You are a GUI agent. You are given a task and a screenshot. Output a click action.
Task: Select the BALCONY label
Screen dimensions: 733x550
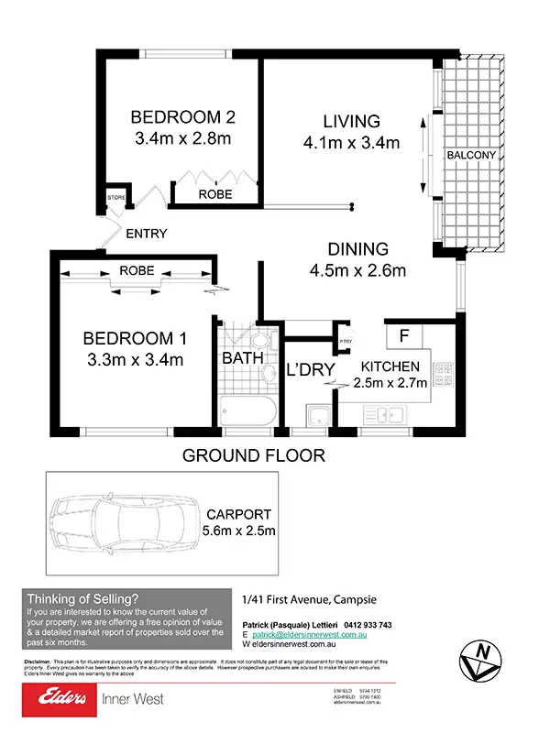point(471,155)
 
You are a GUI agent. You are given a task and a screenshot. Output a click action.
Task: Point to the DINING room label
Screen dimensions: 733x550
point(357,248)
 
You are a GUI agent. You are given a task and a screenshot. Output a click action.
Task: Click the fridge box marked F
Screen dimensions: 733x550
point(403,336)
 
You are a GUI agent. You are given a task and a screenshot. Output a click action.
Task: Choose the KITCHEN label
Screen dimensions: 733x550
point(390,366)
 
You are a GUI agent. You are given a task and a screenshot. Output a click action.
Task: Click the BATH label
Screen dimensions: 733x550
point(242,358)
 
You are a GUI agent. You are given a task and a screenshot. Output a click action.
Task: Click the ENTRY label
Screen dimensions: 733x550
point(147,234)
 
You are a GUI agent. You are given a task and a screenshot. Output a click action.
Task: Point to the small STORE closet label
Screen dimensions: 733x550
point(116,197)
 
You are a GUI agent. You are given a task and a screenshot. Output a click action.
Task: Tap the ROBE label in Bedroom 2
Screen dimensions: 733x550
point(215,195)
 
